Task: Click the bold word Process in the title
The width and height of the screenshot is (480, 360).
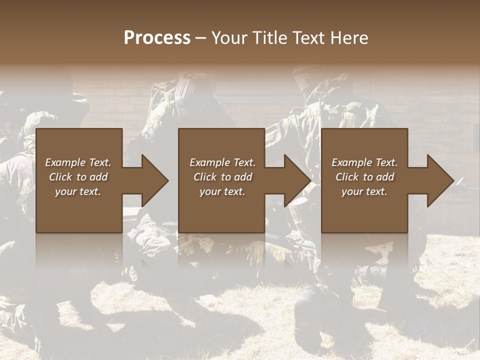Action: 157,38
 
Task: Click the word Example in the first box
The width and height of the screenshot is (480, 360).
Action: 65,162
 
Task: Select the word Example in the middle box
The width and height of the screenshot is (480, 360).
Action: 209,162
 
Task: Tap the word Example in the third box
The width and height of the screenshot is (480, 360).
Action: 351,162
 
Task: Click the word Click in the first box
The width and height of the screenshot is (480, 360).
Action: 60,177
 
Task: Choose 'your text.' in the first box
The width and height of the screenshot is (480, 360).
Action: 77,191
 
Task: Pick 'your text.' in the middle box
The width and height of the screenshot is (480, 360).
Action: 222,191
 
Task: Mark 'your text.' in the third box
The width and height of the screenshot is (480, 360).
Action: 364,191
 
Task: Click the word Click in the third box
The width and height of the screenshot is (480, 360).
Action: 347,177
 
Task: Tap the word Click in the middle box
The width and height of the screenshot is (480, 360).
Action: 205,177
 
